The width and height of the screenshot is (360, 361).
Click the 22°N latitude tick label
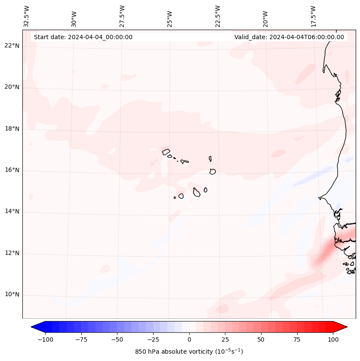tap(11, 46)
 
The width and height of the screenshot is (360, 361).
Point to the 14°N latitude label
tap(11, 211)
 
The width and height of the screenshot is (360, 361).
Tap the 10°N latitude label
tap(11, 294)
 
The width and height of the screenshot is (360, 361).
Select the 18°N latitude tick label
tap(11, 129)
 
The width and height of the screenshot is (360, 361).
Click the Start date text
tap(83, 37)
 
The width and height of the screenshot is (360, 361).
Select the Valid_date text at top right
tap(289, 37)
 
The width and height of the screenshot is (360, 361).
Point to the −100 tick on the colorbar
tap(45, 339)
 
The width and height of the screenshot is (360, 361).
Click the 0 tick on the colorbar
tap(189, 339)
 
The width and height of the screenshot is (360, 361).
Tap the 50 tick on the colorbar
tap(261, 339)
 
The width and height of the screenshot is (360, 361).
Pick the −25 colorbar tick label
tap(153, 339)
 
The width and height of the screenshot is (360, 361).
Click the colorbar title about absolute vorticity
tap(189, 352)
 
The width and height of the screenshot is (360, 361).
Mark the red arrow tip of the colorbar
tap(345, 327)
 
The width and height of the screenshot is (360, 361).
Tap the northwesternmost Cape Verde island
tap(166, 151)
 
